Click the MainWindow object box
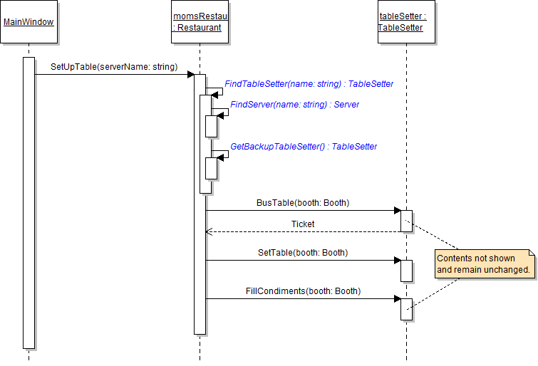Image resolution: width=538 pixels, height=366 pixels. (x=29, y=22)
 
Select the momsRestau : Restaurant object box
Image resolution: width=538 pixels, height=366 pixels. (x=200, y=22)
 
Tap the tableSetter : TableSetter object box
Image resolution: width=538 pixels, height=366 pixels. (x=406, y=22)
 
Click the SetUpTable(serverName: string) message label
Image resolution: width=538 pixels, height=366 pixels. (x=113, y=67)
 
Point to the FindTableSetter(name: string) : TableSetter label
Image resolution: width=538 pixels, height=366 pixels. (x=309, y=84)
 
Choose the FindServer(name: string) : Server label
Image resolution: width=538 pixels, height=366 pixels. (x=294, y=105)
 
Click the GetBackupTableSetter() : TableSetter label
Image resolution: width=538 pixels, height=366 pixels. (x=304, y=147)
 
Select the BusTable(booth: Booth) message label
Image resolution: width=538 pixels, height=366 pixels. (x=303, y=203)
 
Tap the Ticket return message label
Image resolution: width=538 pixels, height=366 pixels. (x=303, y=224)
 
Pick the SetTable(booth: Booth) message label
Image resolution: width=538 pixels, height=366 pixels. (x=303, y=253)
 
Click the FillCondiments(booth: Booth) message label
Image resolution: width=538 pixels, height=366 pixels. (x=303, y=291)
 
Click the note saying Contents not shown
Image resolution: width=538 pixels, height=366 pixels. (x=484, y=264)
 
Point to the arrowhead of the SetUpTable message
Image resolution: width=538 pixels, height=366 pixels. (x=190, y=74)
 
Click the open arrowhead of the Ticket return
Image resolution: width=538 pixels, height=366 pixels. (x=208, y=231)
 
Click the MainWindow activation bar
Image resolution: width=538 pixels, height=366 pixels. (x=29, y=203)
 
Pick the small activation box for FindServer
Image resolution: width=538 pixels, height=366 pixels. (x=211, y=126)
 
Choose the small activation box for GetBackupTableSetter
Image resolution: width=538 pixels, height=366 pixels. (x=211, y=168)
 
